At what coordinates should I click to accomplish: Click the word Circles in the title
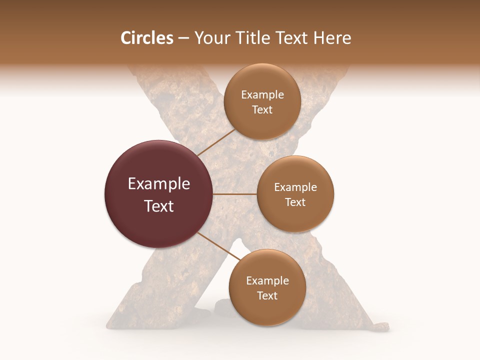[x=146, y=38]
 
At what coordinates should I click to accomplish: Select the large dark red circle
[x=159, y=194]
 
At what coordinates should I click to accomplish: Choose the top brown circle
[x=262, y=102]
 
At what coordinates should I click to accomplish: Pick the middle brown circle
[x=295, y=194]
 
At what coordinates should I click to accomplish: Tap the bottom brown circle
[x=267, y=287]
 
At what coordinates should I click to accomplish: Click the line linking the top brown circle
[x=216, y=142]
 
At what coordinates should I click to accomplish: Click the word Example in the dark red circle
[x=159, y=184]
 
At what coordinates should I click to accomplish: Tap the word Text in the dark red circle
[x=159, y=206]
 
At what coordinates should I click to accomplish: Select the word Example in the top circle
[x=262, y=95]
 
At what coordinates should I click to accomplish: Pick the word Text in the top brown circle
[x=262, y=110]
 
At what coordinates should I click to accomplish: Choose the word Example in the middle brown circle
[x=295, y=187]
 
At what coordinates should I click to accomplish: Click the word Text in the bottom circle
[x=267, y=295]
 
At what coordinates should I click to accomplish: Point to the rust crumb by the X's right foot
[x=380, y=327]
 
